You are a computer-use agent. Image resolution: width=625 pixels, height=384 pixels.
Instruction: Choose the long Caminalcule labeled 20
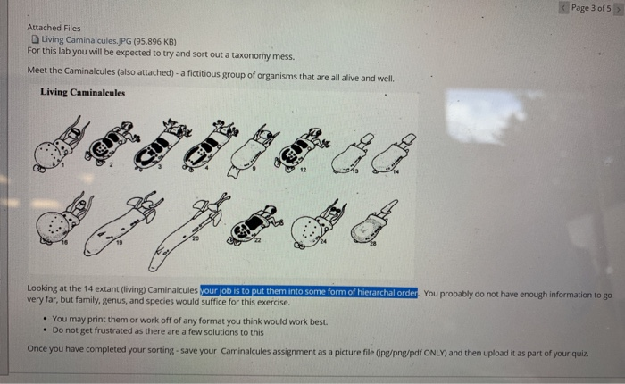coord(187,228)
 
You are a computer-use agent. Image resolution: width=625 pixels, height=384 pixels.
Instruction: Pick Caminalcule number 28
coord(371,223)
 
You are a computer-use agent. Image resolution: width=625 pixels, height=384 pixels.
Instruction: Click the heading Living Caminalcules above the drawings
coord(83,93)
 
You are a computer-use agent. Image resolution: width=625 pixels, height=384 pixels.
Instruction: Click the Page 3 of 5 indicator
coord(590,8)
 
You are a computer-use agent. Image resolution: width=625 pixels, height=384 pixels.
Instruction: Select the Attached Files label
coord(54,28)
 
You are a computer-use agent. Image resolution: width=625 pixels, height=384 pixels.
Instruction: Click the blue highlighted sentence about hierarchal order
coord(309,291)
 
